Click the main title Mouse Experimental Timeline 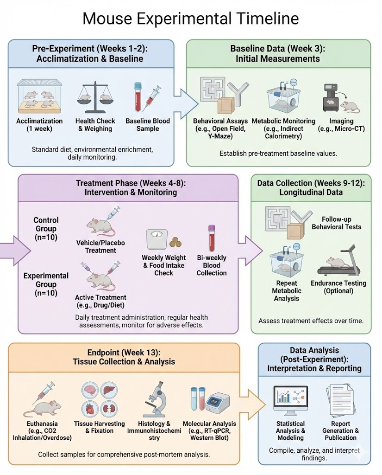(x=190, y=19)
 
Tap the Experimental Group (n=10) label (x=46, y=284)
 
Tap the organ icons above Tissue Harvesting (x=93, y=398)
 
